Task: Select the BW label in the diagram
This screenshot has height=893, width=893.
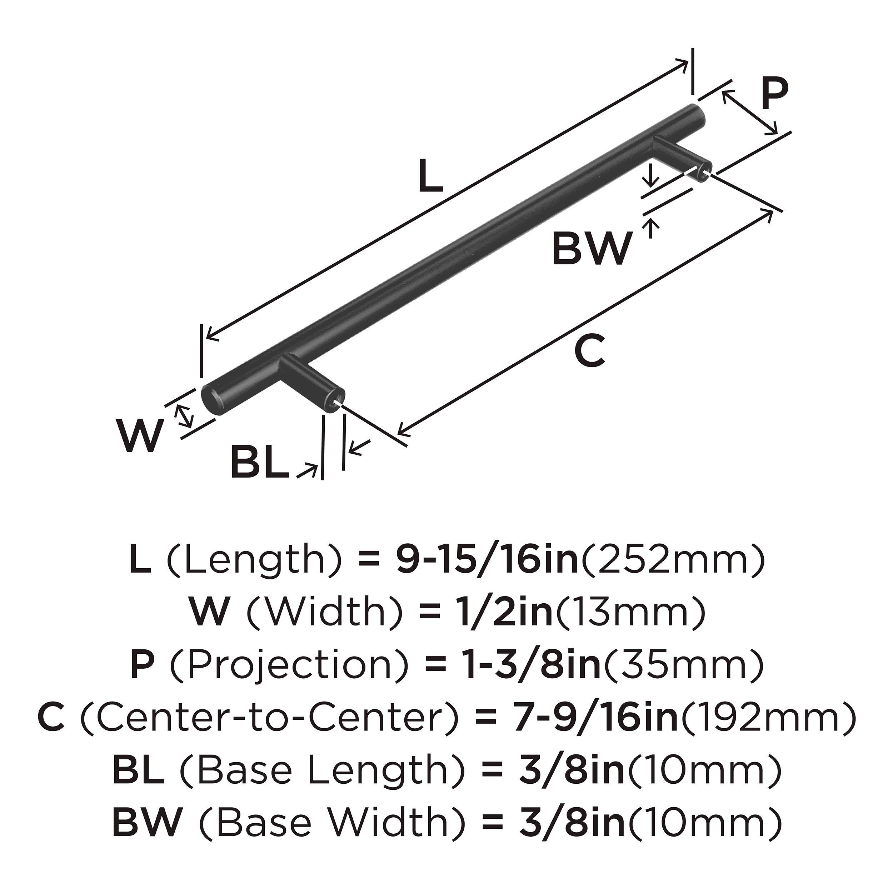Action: pos(592,249)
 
